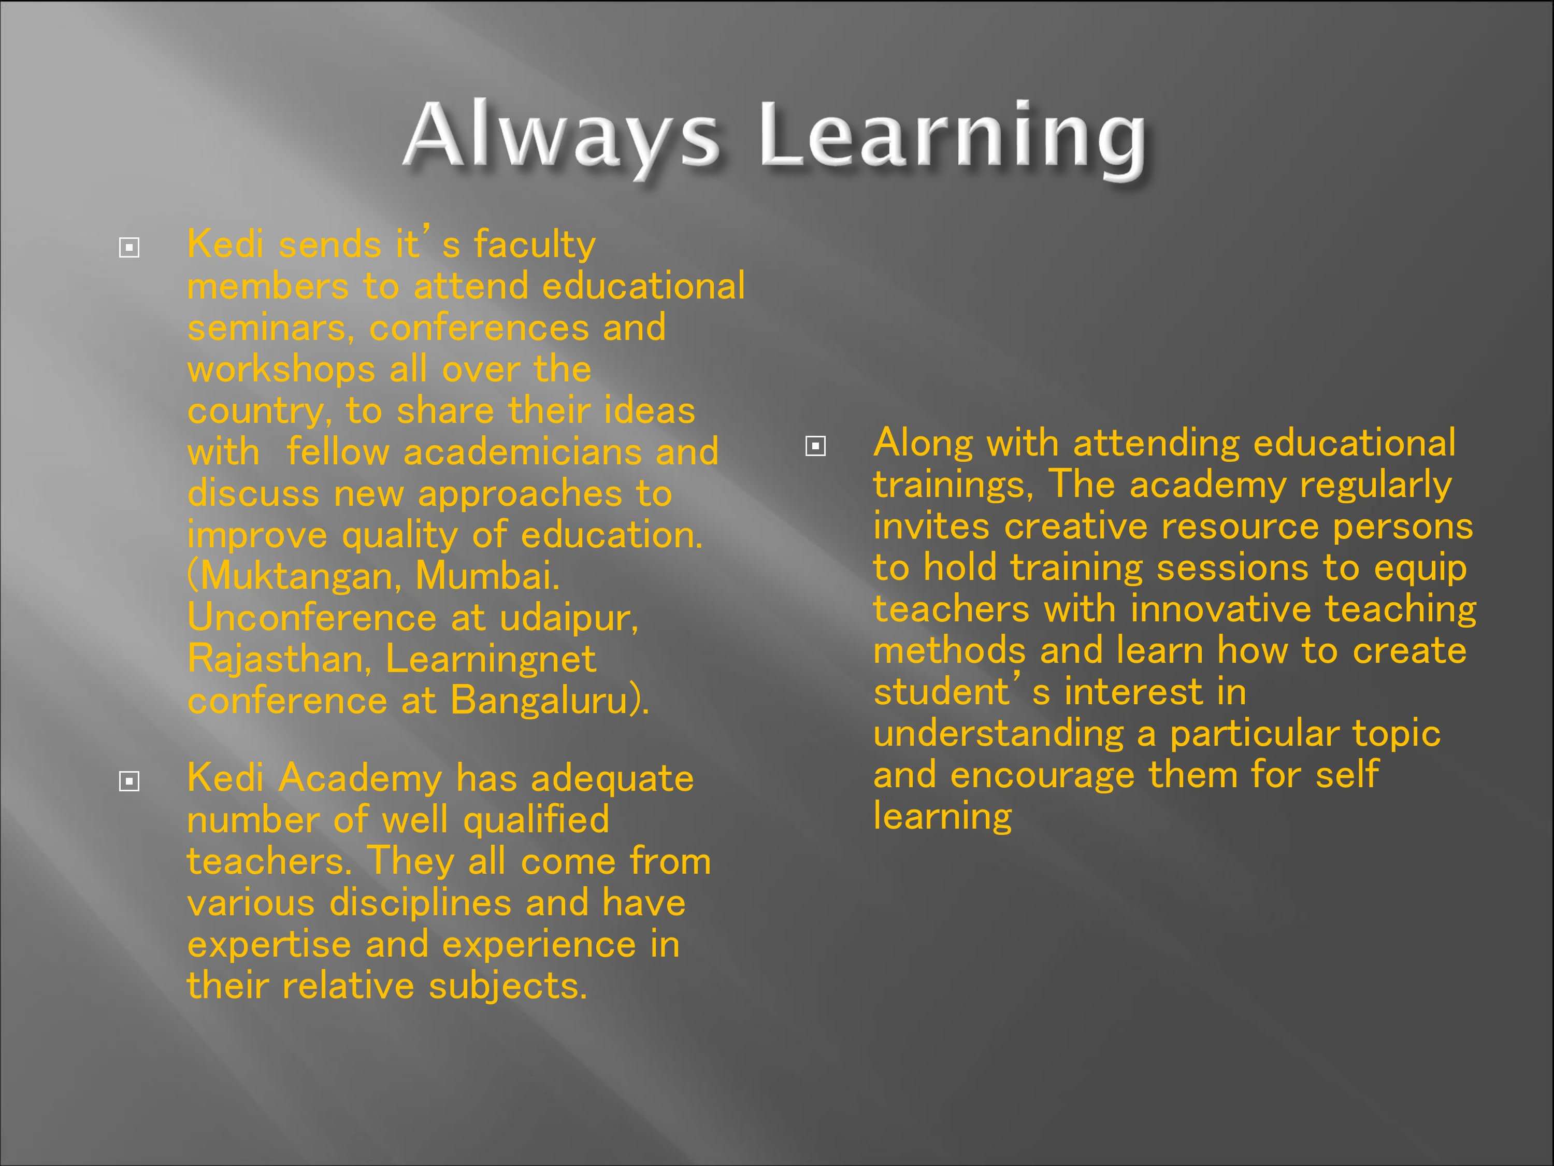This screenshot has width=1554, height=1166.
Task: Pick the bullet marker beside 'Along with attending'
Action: (815, 446)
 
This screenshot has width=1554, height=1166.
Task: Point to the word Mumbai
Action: (487, 576)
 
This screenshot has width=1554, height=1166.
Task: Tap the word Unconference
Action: (312, 618)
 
